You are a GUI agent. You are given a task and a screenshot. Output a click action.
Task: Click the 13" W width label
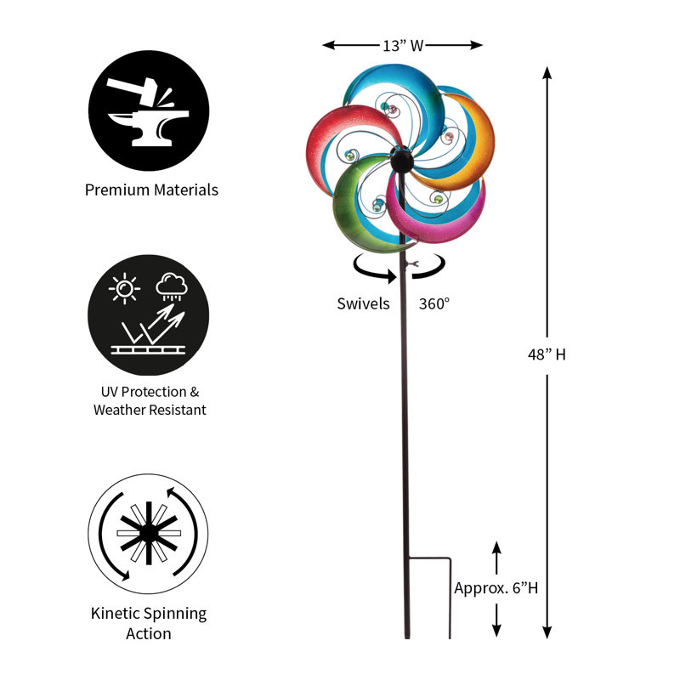pos(403,46)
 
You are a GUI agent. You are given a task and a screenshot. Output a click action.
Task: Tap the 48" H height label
pos(547,354)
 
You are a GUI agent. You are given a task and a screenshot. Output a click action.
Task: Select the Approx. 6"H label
pos(496,588)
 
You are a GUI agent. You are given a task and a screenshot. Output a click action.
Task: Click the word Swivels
pos(364,303)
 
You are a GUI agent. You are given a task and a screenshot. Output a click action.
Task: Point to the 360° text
pos(434,303)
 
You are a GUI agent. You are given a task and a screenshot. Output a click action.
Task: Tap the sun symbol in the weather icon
pos(124,288)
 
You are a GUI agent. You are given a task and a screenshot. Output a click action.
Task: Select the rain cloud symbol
pos(172,286)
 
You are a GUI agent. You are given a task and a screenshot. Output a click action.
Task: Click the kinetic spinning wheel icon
pos(148,534)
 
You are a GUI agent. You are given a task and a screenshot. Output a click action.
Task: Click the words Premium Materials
pos(151,190)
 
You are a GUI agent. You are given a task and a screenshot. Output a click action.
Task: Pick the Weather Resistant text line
pos(150,410)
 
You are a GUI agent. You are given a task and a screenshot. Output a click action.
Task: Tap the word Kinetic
pos(115,613)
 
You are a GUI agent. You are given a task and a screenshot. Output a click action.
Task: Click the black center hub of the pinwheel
pos(402,161)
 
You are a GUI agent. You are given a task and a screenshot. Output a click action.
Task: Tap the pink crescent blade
pos(433,221)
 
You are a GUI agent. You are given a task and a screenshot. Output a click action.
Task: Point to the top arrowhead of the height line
pos(547,73)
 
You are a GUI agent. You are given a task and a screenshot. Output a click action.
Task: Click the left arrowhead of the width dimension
pos(329,45)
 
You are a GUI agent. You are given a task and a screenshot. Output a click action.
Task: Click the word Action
pos(149,633)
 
